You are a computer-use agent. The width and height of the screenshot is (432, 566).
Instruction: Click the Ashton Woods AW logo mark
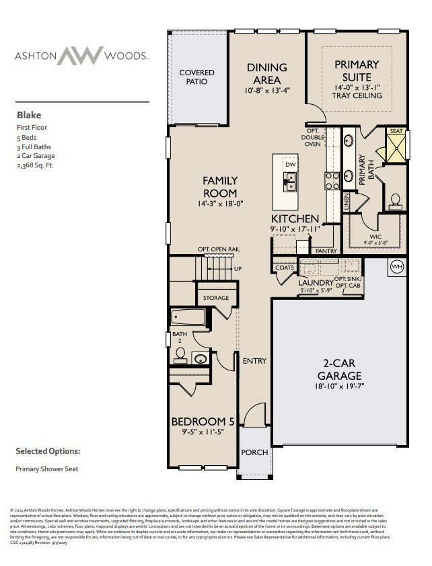pos(80,56)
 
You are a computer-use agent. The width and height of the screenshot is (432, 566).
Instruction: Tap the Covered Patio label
pos(196,77)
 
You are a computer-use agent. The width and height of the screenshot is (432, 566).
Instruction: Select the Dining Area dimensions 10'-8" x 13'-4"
pos(267,90)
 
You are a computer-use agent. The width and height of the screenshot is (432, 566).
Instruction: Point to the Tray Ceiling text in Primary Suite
pos(357,95)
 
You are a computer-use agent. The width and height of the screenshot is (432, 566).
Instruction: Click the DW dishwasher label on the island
pos(290,164)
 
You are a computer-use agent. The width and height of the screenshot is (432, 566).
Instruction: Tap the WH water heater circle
pos(396,267)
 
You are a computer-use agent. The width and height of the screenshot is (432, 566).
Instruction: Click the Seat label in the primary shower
pos(396,132)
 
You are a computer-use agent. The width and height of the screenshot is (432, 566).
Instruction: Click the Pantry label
pos(326,251)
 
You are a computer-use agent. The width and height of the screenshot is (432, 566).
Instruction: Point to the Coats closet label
pos(284,268)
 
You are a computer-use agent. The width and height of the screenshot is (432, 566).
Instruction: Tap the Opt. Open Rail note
pos(219,249)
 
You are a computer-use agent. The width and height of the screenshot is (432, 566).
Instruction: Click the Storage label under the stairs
pos(216,297)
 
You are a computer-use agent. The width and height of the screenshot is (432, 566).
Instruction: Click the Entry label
pos(254,361)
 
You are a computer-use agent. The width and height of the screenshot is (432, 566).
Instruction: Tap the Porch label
pos(254,452)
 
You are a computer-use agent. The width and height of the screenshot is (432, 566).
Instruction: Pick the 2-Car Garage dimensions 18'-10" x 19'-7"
pos(340,387)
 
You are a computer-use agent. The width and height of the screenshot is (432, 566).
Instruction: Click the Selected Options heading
pos(48,451)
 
